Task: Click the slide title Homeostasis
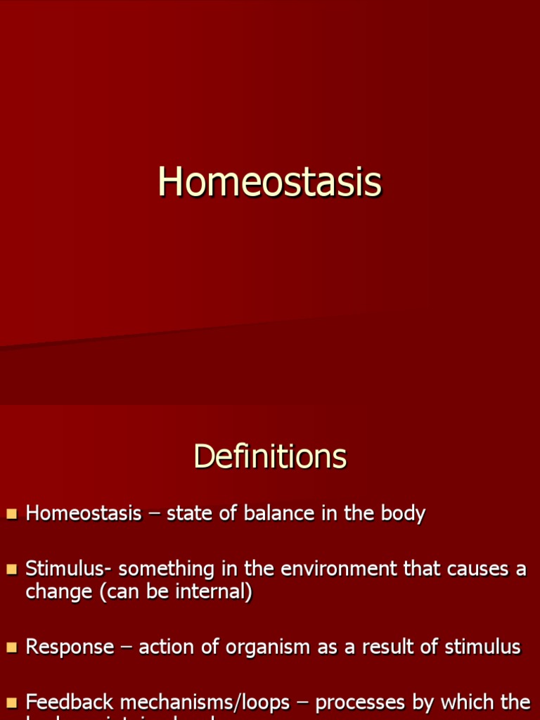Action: [x=270, y=182]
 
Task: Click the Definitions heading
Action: [x=270, y=456]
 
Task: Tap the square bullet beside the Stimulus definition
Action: [x=11, y=570]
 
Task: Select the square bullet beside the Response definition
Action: [x=11, y=648]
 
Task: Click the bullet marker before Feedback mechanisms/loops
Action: [x=11, y=702]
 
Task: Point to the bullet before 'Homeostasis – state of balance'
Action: [x=11, y=514]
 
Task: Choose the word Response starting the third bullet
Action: [x=70, y=648]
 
